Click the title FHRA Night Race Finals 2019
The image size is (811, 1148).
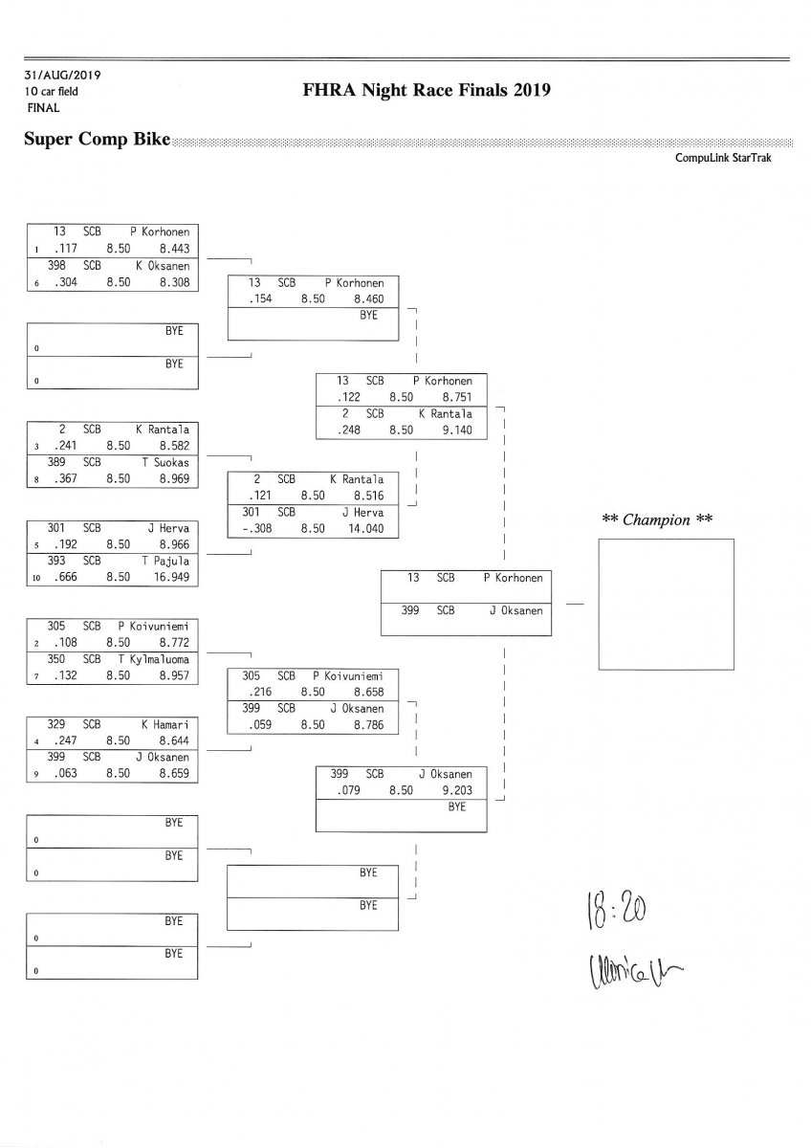click(427, 91)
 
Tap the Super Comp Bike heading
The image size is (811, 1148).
click(97, 140)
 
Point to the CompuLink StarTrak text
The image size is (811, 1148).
click(723, 158)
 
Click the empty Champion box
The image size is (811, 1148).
click(667, 604)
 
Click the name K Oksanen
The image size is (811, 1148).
click(163, 266)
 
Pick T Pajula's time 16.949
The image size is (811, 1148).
click(172, 577)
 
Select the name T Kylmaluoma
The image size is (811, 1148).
click(154, 659)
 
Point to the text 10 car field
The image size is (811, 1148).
click(52, 92)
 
